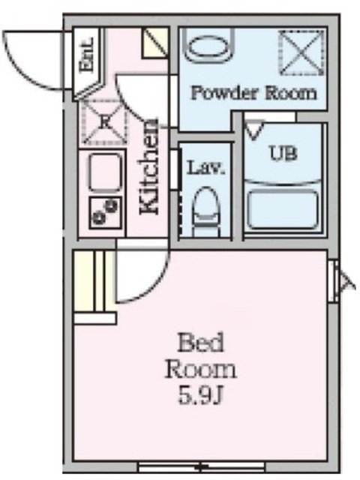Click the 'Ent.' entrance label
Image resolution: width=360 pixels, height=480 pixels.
click(86, 55)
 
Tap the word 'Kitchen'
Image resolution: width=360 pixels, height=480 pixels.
click(149, 166)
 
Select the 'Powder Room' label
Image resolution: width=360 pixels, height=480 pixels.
click(253, 92)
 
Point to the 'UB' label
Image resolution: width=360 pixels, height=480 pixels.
click(283, 153)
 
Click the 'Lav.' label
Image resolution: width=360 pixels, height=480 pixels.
click(206, 168)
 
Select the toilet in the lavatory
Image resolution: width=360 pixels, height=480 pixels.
click(205, 211)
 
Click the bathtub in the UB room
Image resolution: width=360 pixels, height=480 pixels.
click(282, 210)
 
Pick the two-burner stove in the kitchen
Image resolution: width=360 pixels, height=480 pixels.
click(105, 213)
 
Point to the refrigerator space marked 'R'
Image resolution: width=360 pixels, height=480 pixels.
click(105, 122)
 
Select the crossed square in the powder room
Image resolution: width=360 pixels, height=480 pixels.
click(301, 52)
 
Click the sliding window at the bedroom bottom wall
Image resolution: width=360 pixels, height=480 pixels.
click(201, 467)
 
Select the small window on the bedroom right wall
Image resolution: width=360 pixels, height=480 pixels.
click(334, 280)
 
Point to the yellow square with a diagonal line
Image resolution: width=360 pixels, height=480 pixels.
click(155, 43)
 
